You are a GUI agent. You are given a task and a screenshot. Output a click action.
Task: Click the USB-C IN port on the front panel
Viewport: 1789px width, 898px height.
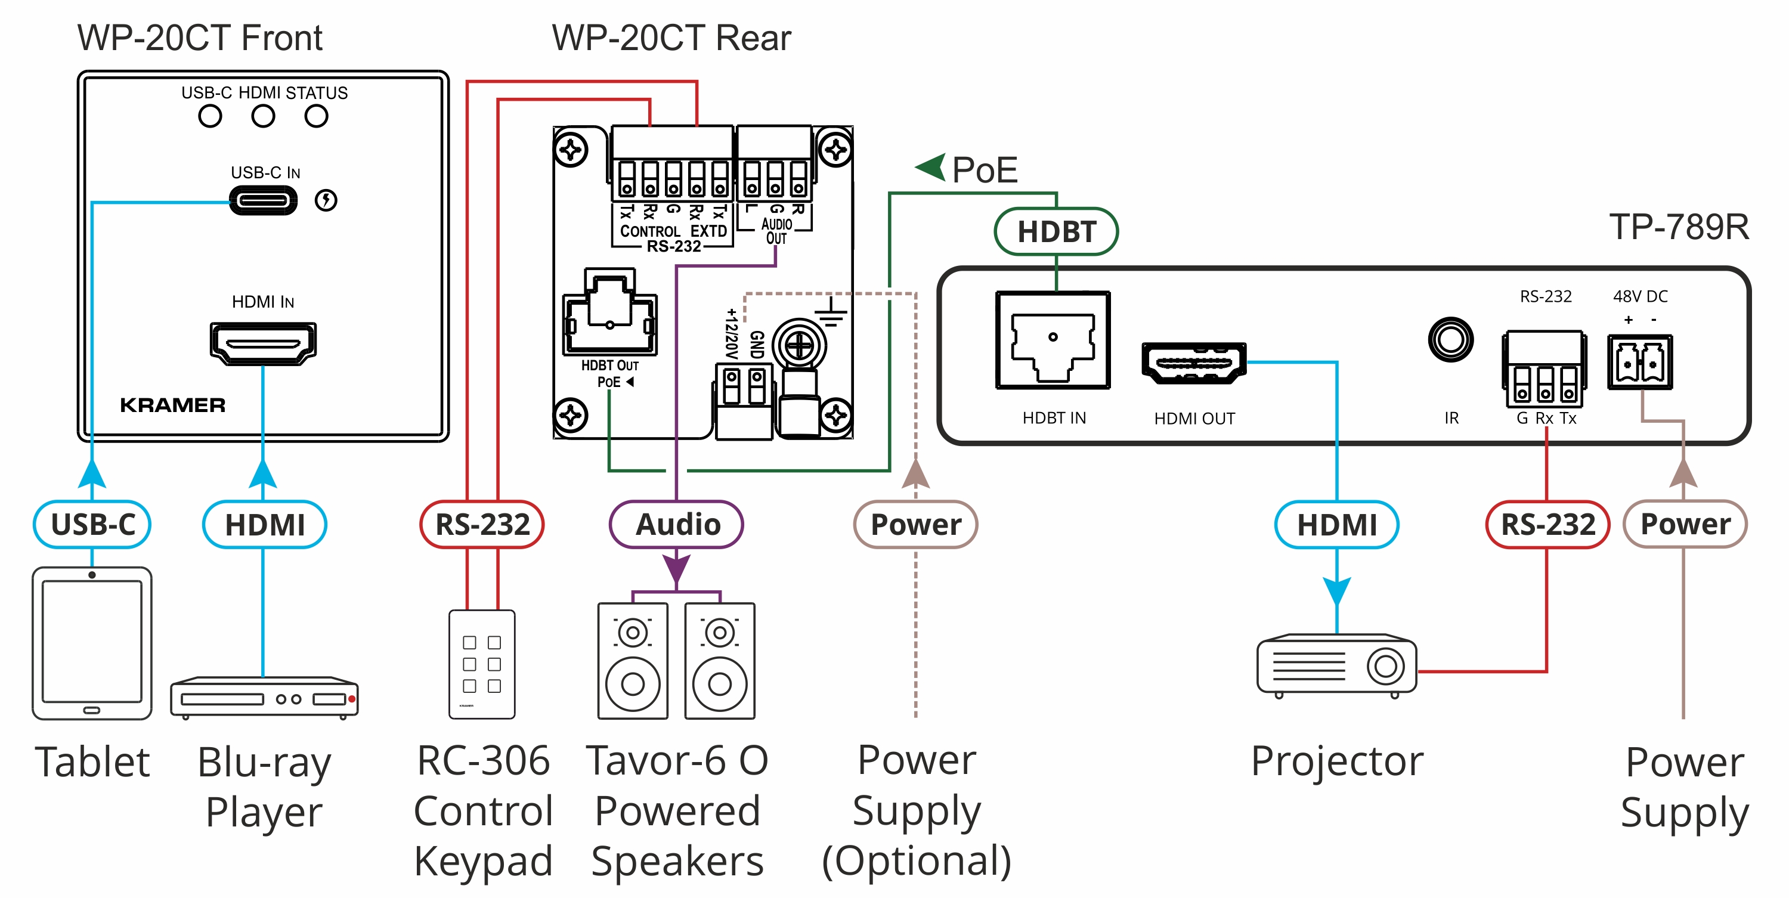262,202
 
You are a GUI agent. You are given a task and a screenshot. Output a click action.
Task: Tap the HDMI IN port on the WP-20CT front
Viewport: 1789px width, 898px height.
263,343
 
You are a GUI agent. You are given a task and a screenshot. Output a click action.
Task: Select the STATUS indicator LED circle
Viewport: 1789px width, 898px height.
316,116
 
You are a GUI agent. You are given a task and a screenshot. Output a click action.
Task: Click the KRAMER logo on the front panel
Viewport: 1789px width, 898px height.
173,405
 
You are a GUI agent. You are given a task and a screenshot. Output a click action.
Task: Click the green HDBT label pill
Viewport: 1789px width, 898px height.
1056,231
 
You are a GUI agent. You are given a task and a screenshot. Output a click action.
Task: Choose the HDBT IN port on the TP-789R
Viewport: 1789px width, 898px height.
1053,340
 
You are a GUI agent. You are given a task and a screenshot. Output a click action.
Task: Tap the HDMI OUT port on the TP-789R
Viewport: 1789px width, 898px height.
1194,363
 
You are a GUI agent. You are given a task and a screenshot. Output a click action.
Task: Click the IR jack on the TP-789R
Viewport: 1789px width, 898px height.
1450,340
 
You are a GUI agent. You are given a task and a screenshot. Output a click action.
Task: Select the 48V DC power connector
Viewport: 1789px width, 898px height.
1640,362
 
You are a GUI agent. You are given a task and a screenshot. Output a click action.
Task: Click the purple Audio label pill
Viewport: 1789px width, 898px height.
676,524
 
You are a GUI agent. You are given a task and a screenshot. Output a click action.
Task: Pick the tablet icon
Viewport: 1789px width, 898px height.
92,643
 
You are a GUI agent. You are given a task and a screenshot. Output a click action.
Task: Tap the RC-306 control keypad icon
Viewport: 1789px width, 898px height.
482,664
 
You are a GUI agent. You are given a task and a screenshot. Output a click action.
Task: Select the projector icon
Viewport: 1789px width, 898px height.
1336,665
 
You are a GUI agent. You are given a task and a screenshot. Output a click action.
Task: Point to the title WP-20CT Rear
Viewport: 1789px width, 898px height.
671,38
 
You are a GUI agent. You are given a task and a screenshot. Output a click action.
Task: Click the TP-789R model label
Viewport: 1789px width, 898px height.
1679,227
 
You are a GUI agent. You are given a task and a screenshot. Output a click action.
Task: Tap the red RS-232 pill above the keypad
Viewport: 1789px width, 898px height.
482,524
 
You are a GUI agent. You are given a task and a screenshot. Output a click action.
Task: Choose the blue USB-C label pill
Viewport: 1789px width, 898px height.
92,524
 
